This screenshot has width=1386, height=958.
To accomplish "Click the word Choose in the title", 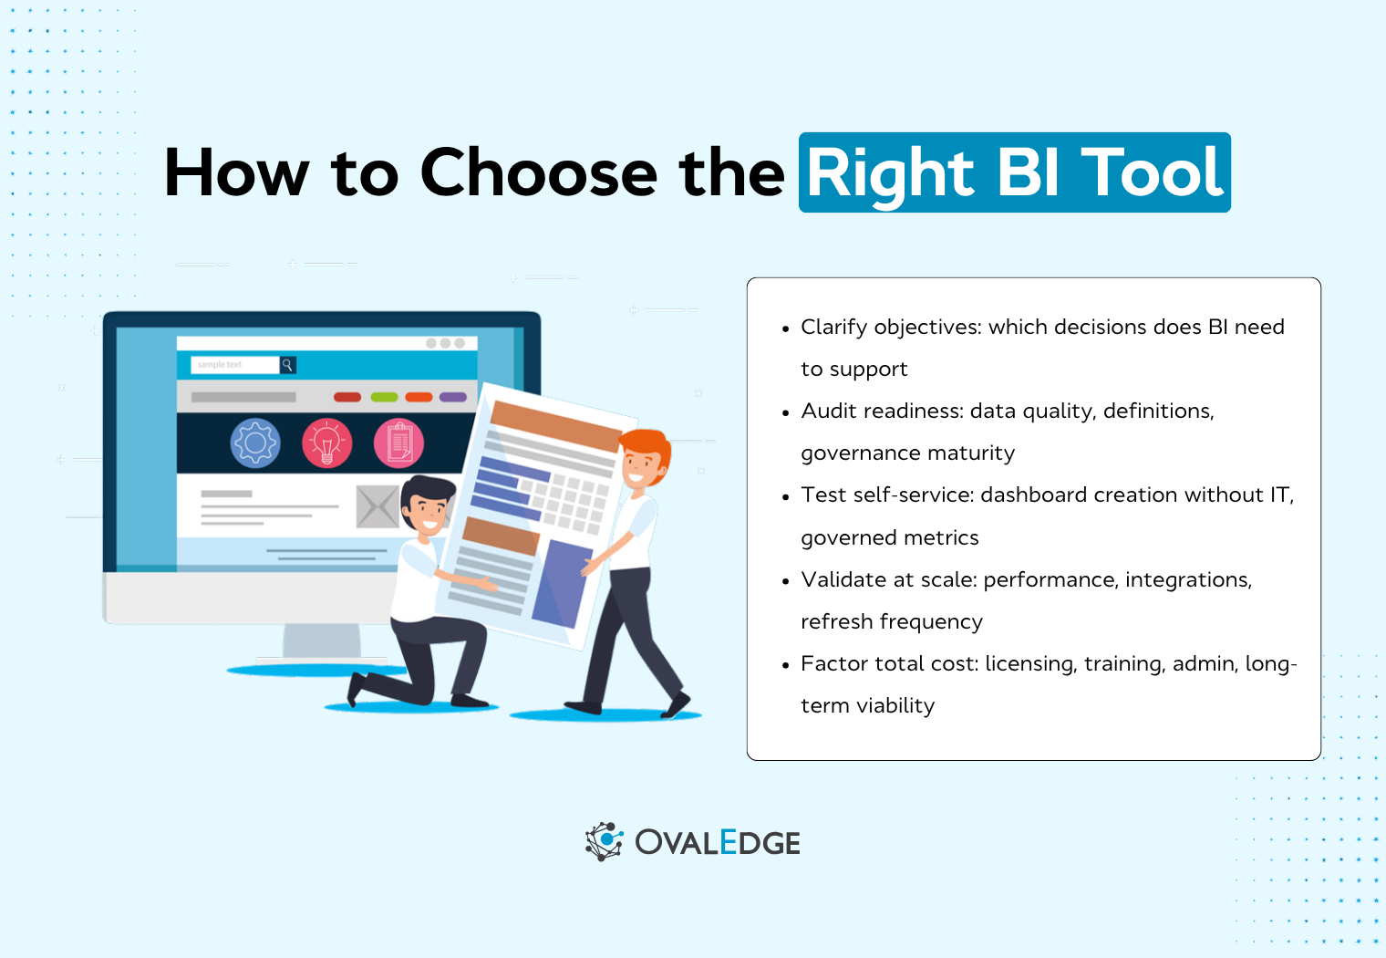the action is [x=538, y=172].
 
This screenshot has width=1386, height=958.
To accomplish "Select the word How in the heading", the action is [x=236, y=172].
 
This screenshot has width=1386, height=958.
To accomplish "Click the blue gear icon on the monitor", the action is [x=255, y=443].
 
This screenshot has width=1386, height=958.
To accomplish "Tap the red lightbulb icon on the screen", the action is [x=326, y=443].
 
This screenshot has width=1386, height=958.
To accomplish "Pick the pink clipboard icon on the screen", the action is [x=398, y=443].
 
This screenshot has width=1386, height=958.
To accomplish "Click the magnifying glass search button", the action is [x=288, y=365].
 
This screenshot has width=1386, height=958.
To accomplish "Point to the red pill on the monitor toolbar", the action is [x=347, y=397].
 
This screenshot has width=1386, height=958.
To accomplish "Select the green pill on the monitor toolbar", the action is [x=384, y=397].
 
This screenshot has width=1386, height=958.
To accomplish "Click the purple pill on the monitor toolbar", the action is [x=453, y=397].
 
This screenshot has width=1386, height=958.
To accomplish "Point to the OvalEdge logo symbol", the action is [x=604, y=841].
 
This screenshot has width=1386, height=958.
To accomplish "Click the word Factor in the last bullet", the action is [x=831, y=663].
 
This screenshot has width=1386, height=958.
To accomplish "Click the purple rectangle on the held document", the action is [x=561, y=583].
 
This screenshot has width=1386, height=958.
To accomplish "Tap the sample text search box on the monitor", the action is [x=235, y=365].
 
